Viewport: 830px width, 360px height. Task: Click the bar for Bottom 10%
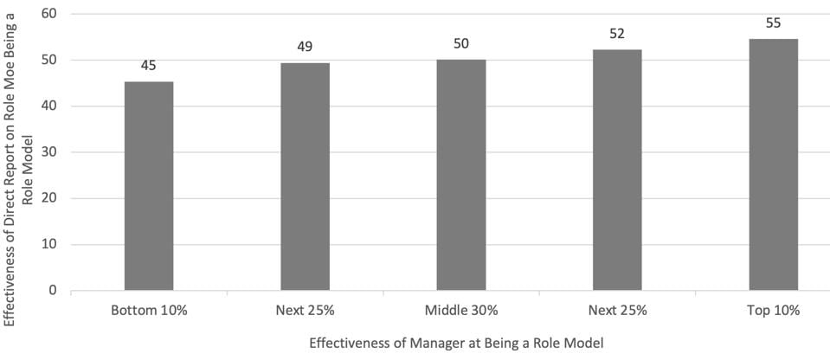(x=149, y=186)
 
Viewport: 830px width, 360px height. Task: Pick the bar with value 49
(x=305, y=177)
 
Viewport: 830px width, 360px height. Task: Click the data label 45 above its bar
(x=149, y=65)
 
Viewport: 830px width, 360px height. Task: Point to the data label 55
(x=773, y=22)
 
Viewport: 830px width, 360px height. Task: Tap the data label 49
(x=305, y=47)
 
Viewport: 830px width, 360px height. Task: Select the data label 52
(x=617, y=33)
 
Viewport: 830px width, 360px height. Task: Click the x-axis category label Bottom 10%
(x=149, y=309)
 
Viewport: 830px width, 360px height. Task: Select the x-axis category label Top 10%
(x=773, y=309)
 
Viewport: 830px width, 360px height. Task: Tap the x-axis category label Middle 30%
(x=461, y=309)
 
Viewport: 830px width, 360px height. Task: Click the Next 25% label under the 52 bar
(x=617, y=309)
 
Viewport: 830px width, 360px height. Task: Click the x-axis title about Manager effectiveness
(x=455, y=343)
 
